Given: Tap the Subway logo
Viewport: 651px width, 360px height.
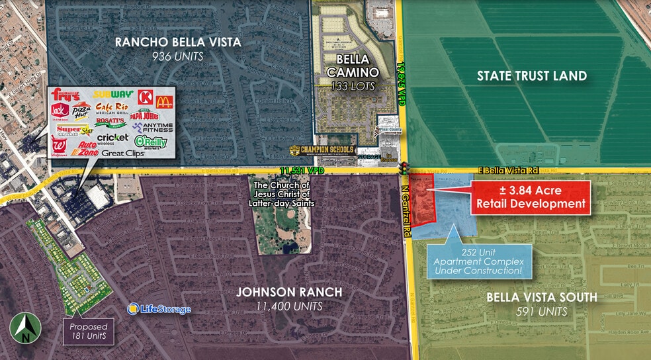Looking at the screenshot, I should click(x=113, y=95).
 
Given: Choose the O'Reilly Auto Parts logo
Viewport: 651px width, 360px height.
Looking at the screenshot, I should click(x=150, y=141).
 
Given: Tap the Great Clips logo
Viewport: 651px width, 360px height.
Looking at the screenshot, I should click(x=122, y=153).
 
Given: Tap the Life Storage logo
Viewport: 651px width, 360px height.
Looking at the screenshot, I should click(x=159, y=309).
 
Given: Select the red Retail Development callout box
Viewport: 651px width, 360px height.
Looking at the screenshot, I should click(x=529, y=197).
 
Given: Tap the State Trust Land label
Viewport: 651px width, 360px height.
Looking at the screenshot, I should click(x=531, y=76).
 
